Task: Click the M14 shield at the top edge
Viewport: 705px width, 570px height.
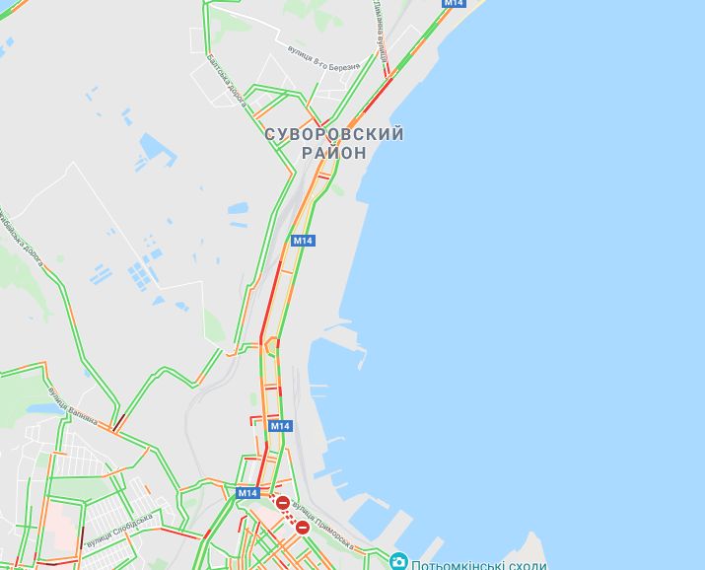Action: pyautogui.click(x=453, y=3)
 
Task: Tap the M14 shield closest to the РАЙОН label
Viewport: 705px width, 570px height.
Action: pyautogui.click(x=303, y=241)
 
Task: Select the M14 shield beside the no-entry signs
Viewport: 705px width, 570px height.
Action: pyautogui.click(x=247, y=493)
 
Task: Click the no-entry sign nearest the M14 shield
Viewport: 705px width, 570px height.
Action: pyautogui.click(x=283, y=504)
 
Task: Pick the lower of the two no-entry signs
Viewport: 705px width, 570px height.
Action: pyautogui.click(x=303, y=527)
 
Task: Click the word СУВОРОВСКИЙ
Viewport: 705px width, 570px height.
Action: pyautogui.click(x=333, y=134)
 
